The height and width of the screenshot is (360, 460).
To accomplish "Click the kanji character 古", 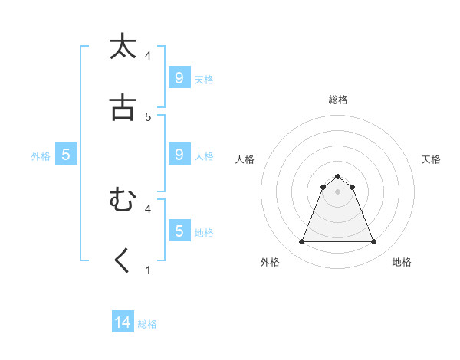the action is pyautogui.click(x=123, y=108).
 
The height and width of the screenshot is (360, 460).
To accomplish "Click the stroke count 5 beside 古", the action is pyautogui.click(x=148, y=116).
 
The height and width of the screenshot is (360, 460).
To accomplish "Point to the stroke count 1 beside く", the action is pyautogui.click(x=148, y=270).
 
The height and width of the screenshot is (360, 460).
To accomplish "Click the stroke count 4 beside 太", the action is pyautogui.click(x=148, y=55).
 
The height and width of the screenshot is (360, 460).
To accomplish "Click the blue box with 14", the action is pyautogui.click(x=123, y=322).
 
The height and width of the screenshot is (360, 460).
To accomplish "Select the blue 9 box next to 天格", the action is pyautogui.click(x=179, y=77).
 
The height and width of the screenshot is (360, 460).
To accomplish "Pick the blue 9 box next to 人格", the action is pyautogui.click(x=179, y=154).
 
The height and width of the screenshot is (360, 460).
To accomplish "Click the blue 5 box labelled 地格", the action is pyautogui.click(x=179, y=231).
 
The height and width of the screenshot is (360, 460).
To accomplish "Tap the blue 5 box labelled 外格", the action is pyautogui.click(x=66, y=155).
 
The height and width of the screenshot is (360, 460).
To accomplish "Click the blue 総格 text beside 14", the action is pyautogui.click(x=147, y=324).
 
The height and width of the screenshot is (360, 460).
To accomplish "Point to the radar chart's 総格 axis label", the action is pyautogui.click(x=337, y=100).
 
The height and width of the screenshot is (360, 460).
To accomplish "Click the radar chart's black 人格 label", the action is pyautogui.click(x=245, y=159).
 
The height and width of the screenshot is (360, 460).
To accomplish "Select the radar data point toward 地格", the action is pyautogui.click(x=373, y=242).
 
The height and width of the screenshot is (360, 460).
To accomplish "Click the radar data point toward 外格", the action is pyautogui.click(x=301, y=242).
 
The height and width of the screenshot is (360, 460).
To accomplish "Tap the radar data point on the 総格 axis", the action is pyautogui.click(x=337, y=176).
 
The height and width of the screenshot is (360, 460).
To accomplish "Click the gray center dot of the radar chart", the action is pyautogui.click(x=337, y=191).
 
